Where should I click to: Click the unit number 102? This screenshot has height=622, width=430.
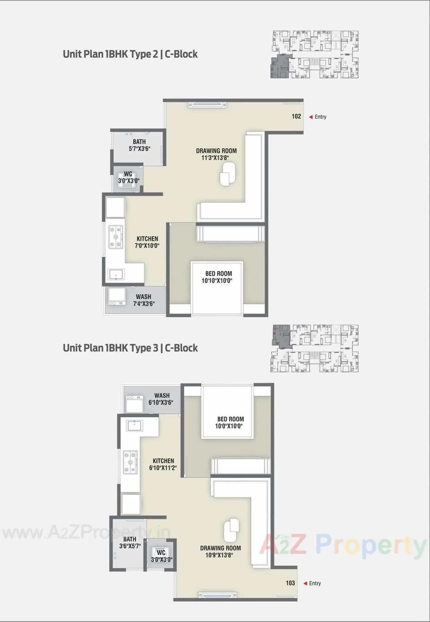(x=296, y=116)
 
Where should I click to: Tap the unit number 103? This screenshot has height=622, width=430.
(x=290, y=583)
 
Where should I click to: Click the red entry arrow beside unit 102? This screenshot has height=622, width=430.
(x=311, y=117)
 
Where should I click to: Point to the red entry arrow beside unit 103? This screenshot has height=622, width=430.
(x=305, y=583)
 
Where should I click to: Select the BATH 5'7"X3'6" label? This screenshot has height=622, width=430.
(x=139, y=145)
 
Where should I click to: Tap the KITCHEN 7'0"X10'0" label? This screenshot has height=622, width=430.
(x=147, y=242)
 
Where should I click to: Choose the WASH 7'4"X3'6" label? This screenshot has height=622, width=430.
(x=143, y=300)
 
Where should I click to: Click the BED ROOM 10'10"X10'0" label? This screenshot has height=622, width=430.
(x=218, y=277)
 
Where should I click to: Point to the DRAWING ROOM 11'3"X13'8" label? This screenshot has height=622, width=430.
(x=216, y=154)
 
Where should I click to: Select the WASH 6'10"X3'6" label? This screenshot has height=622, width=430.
(x=162, y=399)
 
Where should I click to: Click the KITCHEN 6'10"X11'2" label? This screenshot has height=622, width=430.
(x=163, y=464)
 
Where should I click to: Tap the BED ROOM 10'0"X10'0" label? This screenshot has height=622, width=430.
(x=230, y=422)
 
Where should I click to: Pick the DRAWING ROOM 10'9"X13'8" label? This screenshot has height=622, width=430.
(x=220, y=551)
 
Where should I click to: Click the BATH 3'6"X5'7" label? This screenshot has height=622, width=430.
(x=130, y=542)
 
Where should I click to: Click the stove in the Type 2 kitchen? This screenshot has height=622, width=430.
(x=116, y=237)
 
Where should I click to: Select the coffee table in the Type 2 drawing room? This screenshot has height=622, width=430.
(x=227, y=173)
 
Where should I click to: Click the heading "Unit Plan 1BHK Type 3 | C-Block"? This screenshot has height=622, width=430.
(x=130, y=348)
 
